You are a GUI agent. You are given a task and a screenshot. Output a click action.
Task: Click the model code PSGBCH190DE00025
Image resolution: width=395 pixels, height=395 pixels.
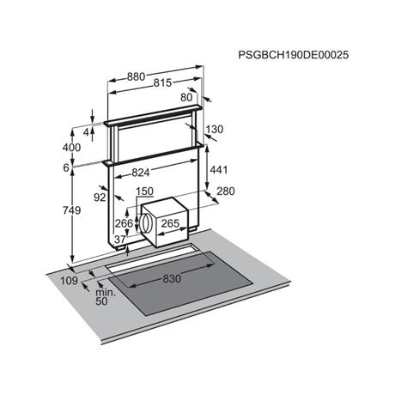[x=294, y=55]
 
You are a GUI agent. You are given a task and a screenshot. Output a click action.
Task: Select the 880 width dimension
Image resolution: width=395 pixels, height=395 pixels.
[x=136, y=76]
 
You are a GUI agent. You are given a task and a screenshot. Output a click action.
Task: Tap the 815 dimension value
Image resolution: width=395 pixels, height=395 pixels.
[x=162, y=82]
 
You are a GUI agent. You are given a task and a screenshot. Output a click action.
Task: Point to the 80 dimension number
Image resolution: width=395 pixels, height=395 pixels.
[x=186, y=98]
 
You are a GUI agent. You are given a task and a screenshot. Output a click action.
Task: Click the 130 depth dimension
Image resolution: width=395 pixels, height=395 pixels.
[x=214, y=130]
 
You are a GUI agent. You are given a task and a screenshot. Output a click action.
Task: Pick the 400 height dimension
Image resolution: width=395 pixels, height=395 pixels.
[x=71, y=148]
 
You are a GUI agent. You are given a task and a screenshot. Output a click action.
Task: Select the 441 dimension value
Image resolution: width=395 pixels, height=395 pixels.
[x=219, y=170]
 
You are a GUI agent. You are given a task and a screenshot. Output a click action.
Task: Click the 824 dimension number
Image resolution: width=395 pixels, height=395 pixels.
[x=141, y=173]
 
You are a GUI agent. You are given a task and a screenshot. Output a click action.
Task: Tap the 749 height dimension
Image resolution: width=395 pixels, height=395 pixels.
[x=71, y=210]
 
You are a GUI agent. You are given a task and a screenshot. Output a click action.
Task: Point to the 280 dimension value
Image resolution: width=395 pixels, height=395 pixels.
[x=226, y=191]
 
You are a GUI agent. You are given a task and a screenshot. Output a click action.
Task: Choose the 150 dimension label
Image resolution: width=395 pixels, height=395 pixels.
[x=144, y=191]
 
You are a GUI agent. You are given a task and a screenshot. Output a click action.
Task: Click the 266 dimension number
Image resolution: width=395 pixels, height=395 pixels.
[x=124, y=223]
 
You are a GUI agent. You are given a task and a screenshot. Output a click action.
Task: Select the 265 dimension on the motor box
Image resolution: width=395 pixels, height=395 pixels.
[x=170, y=223]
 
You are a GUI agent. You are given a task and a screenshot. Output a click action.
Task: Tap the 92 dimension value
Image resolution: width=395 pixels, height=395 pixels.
[x=100, y=197]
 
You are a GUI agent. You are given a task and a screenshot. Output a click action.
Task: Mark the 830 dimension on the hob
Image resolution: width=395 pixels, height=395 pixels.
[x=172, y=278]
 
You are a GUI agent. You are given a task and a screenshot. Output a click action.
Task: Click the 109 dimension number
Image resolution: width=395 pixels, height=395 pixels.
[x=69, y=281]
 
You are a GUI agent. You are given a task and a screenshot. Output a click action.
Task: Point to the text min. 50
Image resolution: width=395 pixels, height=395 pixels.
[x=106, y=297]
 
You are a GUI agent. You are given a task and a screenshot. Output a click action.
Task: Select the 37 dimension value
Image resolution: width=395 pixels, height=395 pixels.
[x=120, y=240]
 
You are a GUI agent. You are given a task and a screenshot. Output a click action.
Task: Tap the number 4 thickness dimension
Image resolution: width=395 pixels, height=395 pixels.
[x=87, y=132]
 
